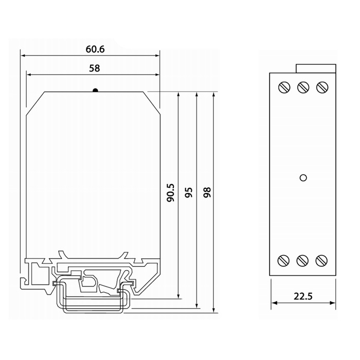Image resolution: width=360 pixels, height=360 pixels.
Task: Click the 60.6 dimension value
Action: [x=95, y=49]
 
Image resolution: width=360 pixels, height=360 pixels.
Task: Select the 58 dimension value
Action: [x=94, y=68]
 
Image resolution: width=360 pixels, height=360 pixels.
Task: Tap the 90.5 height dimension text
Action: [x=171, y=193]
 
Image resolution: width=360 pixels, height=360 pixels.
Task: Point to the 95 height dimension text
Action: [x=189, y=193]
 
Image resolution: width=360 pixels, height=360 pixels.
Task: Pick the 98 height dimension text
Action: [x=207, y=192]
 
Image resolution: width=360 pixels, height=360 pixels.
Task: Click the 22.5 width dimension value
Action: [x=303, y=296]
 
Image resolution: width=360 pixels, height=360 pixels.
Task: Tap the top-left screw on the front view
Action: [x=284, y=87]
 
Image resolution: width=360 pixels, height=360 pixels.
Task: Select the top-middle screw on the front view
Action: [x=303, y=87]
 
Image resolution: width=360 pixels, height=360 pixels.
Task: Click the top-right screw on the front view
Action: [x=322, y=87]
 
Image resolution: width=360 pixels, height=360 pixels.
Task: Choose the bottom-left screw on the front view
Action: [x=283, y=261]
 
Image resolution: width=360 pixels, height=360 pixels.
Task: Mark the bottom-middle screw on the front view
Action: [x=302, y=261]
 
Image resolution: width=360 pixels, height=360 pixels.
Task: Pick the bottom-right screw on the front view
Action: [x=321, y=261]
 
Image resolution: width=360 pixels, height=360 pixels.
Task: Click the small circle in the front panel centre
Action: [x=303, y=178]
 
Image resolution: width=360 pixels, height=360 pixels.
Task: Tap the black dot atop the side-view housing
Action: [x=95, y=90]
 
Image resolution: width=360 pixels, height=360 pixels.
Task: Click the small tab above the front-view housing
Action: [x=316, y=68]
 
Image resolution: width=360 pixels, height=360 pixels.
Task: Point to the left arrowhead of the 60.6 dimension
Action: [x=24, y=56]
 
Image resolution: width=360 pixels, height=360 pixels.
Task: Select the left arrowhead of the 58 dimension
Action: [x=30, y=75]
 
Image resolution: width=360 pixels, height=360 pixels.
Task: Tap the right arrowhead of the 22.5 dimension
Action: [x=332, y=303]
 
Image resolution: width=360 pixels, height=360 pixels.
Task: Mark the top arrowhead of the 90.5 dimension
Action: [x=178, y=95]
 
